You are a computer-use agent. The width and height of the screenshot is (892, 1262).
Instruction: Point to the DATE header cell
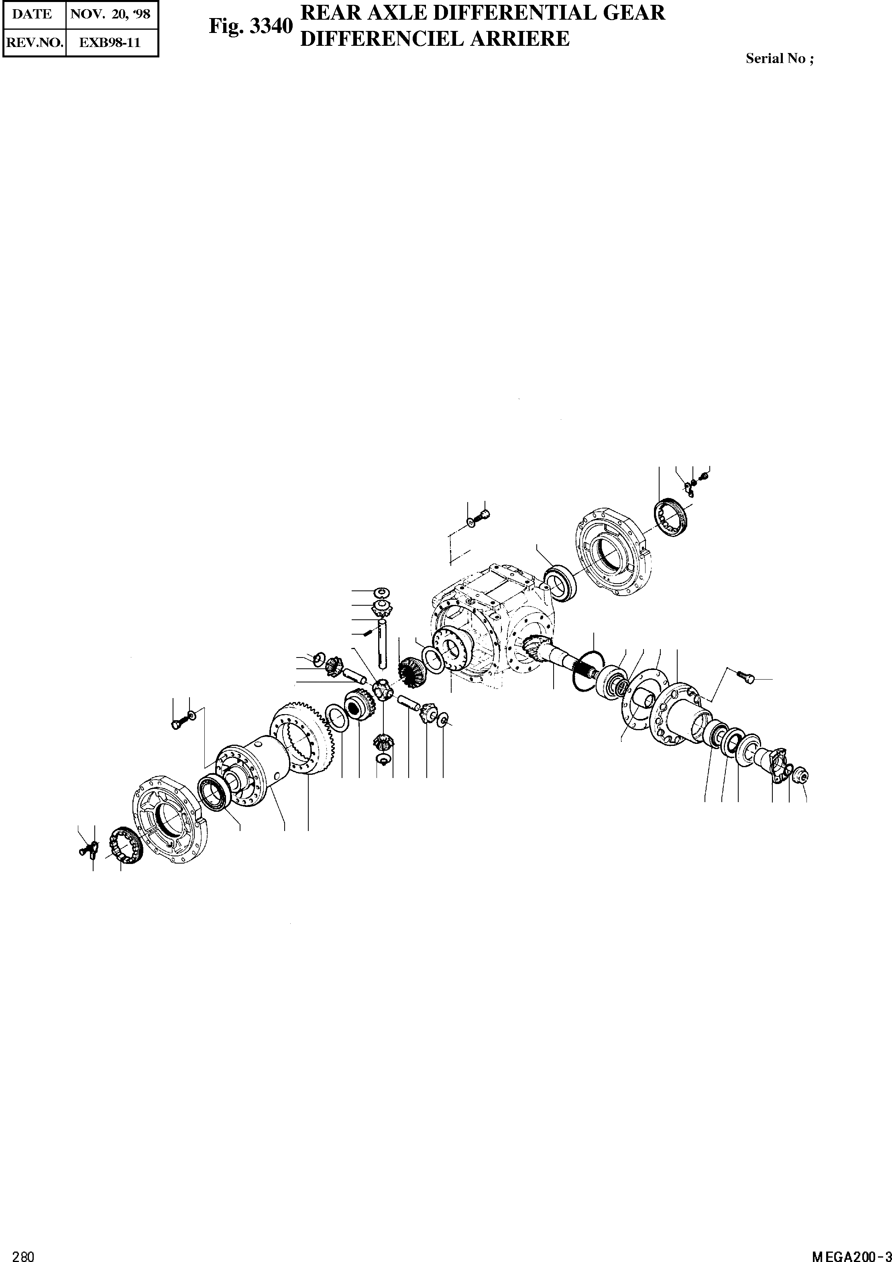32,14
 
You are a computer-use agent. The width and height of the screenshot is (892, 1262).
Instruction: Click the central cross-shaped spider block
382,688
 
